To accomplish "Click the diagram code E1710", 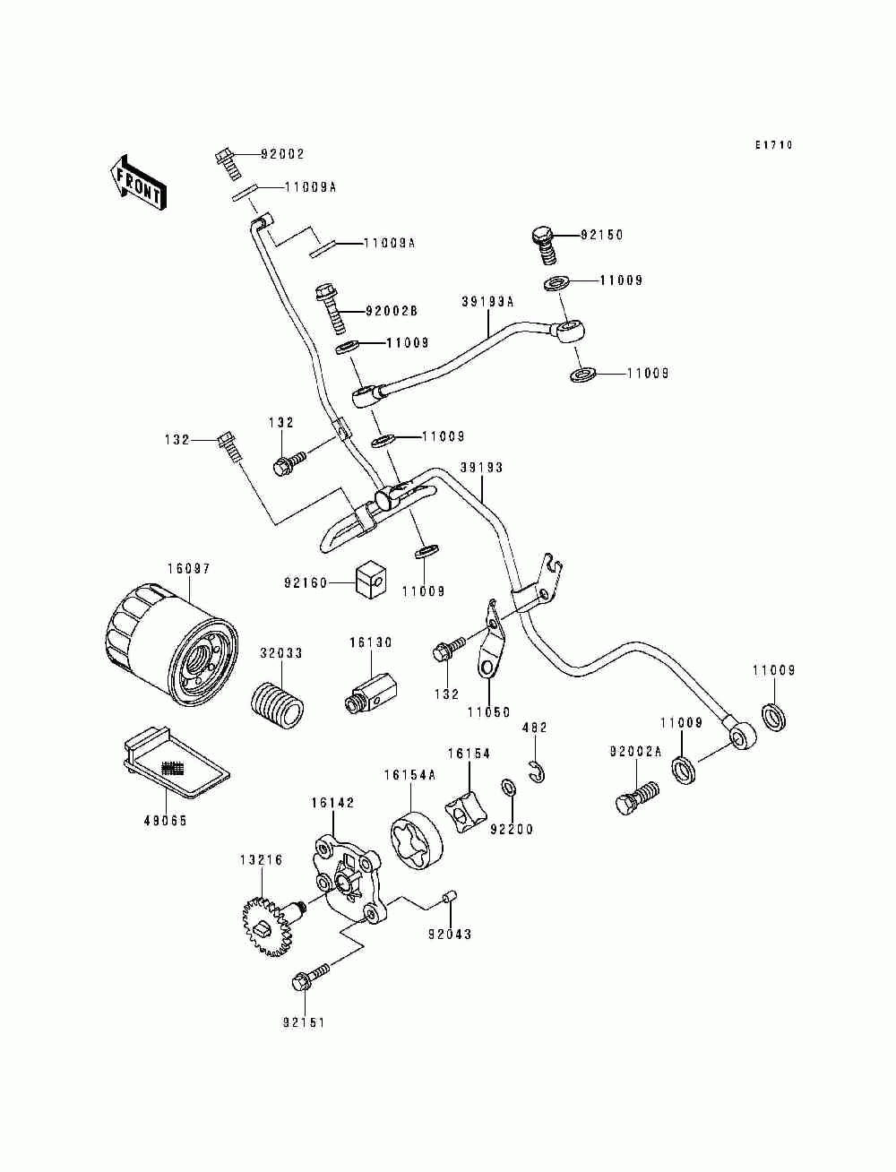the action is click(774, 144).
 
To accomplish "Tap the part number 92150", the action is click(602, 235).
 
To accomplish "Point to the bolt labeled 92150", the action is click(544, 246).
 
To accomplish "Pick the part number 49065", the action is click(166, 821).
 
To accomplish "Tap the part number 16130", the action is click(371, 642).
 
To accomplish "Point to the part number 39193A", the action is click(487, 302).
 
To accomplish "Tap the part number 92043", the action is click(450, 935).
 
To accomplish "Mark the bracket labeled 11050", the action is click(491, 640).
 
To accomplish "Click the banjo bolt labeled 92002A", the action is click(637, 799).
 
